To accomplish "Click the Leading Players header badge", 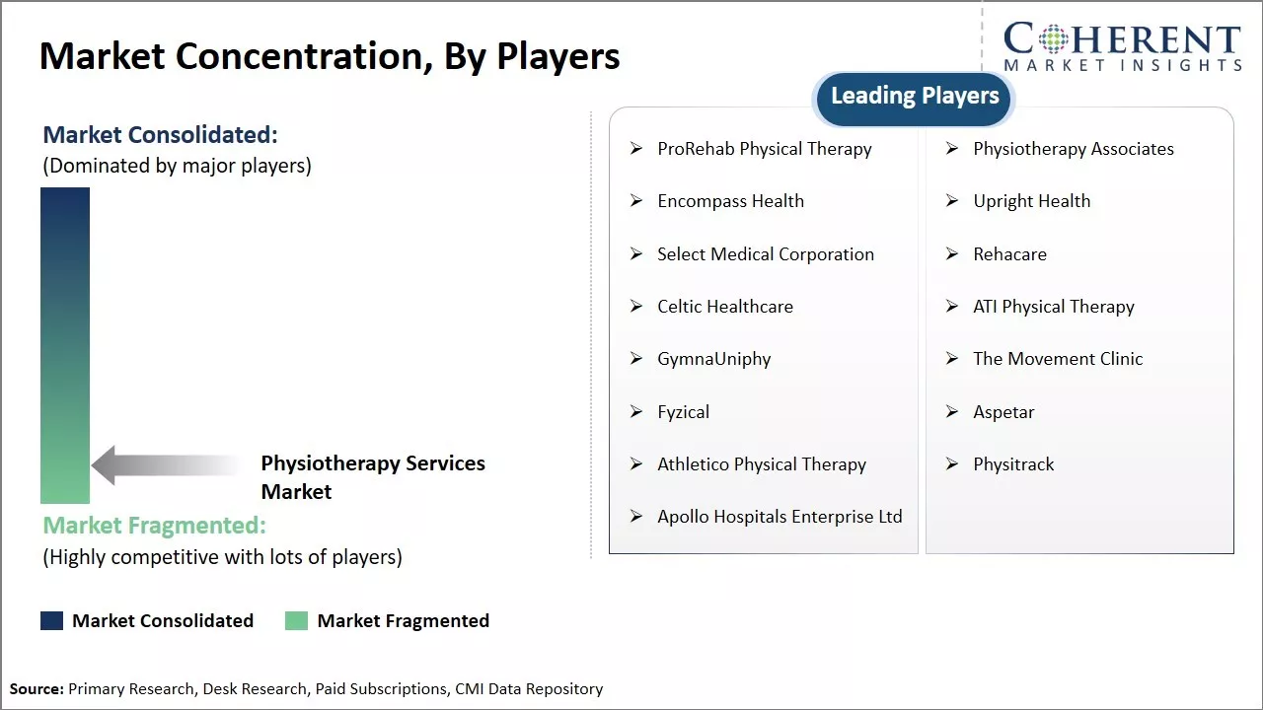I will coord(915,97).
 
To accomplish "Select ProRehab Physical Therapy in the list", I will coord(764,149).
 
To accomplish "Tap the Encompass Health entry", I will coord(730,201).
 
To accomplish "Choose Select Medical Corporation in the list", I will coord(765,254).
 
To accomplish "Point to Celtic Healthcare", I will coord(724,307).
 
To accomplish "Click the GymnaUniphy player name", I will coord(713,359).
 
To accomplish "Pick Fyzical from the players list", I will coord(683,412).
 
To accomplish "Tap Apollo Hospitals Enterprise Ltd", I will coord(780,517).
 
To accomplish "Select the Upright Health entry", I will coord(1031,201).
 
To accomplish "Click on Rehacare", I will coord(1009,254).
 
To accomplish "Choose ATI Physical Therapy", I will coord(1053,307).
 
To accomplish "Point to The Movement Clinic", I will coord(1057,359).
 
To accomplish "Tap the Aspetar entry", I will coord(1003,412).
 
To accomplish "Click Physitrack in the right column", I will coord(1013,464).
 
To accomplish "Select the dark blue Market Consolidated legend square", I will coord(51,620).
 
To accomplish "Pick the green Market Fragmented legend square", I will coord(296,620).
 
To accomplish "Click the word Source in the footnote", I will coord(37,689).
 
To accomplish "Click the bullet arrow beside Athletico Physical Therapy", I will coord(636,464).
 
